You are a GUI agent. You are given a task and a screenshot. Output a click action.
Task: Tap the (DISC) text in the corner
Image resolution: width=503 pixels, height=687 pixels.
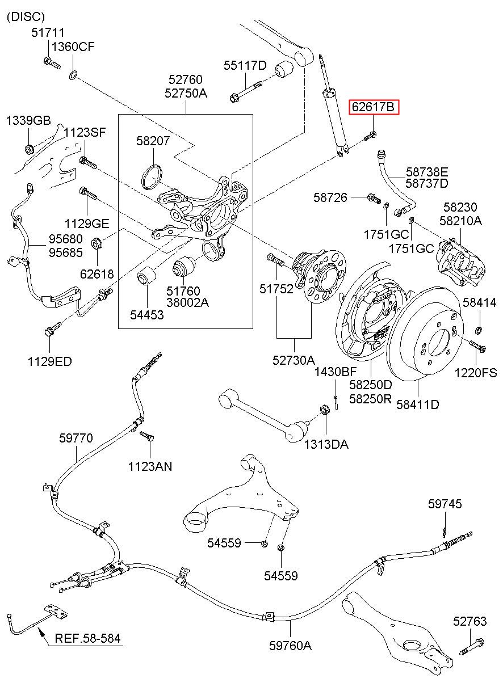pos(26,17)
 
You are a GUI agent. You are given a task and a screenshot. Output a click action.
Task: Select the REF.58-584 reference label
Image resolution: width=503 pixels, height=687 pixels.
pos(87,638)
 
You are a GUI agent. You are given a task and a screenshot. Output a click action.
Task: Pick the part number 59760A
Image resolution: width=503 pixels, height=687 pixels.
pos(291,645)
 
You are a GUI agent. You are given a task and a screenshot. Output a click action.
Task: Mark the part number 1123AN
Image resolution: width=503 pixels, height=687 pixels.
pos(150,466)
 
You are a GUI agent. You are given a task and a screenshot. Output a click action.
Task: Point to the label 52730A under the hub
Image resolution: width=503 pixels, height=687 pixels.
pos(294,360)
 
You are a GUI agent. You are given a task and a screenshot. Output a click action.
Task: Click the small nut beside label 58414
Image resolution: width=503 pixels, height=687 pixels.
pos(477,330)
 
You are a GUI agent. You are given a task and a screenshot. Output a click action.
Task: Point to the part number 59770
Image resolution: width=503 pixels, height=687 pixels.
pos(76,438)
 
